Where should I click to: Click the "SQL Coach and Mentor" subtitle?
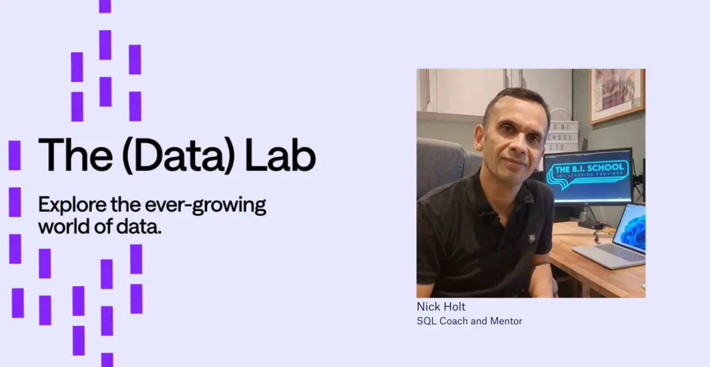tap(469, 321)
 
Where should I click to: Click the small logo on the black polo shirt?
tap(532, 238)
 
